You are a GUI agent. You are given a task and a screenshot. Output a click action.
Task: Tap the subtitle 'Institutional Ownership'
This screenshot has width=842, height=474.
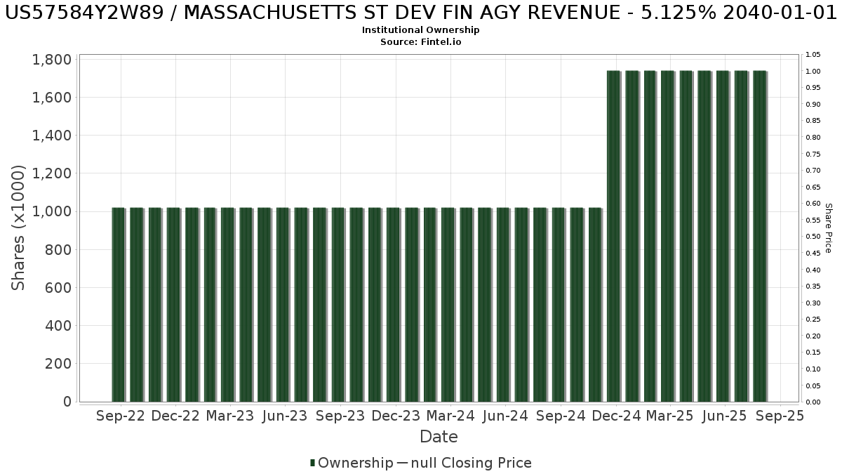(421, 30)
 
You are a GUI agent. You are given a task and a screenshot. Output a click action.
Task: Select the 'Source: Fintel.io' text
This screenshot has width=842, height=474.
(421, 41)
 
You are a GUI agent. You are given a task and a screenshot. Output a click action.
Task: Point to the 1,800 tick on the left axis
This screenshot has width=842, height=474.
(52, 60)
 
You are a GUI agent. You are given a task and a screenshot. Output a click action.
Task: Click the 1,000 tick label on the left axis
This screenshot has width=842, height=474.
(52, 211)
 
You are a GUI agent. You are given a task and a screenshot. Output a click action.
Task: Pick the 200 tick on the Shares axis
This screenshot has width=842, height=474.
(57, 364)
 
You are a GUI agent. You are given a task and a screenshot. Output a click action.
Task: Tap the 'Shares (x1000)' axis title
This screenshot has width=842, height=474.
(19, 228)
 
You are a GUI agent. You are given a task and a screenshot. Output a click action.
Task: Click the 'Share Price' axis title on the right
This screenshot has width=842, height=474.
(828, 228)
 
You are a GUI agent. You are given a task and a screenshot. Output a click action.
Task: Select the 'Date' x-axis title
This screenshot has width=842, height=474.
(439, 437)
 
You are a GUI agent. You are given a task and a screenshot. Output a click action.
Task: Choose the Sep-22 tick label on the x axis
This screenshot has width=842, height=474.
(121, 416)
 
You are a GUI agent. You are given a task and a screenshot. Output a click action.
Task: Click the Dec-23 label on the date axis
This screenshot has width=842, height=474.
(396, 416)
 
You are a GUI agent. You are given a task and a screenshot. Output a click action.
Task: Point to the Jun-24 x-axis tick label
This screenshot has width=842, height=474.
(506, 416)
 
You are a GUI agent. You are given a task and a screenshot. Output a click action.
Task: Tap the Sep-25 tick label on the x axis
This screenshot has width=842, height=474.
(780, 416)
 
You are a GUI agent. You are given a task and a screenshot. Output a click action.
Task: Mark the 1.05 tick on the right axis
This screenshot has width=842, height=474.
(813, 55)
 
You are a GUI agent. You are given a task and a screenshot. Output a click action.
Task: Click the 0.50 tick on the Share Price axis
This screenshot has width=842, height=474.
(813, 237)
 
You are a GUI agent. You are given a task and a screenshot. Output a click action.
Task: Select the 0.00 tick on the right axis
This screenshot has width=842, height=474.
(813, 402)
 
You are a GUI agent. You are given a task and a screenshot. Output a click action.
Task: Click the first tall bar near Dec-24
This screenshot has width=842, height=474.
(613, 236)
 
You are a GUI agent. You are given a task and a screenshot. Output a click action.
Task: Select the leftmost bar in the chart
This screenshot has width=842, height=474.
(118, 305)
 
